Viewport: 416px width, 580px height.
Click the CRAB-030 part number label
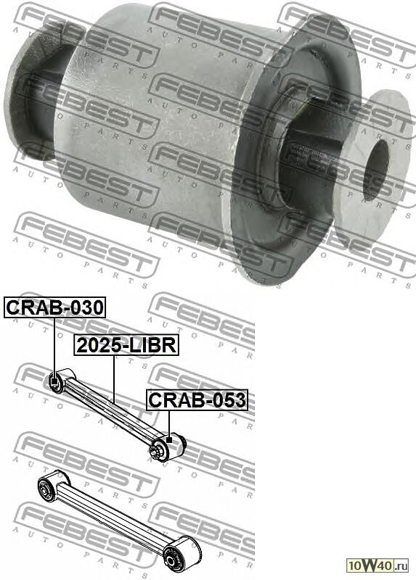pyautogui.click(x=55, y=307)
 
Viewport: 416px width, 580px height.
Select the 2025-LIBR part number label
pyautogui.click(x=126, y=345)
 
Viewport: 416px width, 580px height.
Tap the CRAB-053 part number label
pyautogui.click(x=197, y=400)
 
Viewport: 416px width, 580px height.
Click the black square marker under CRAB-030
pyautogui.click(x=55, y=381)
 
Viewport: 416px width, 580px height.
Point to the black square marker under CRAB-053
pyautogui.click(x=169, y=440)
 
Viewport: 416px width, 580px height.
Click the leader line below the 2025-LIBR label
pyautogui.click(x=114, y=379)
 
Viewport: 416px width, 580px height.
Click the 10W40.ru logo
pyautogui.click(x=378, y=565)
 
